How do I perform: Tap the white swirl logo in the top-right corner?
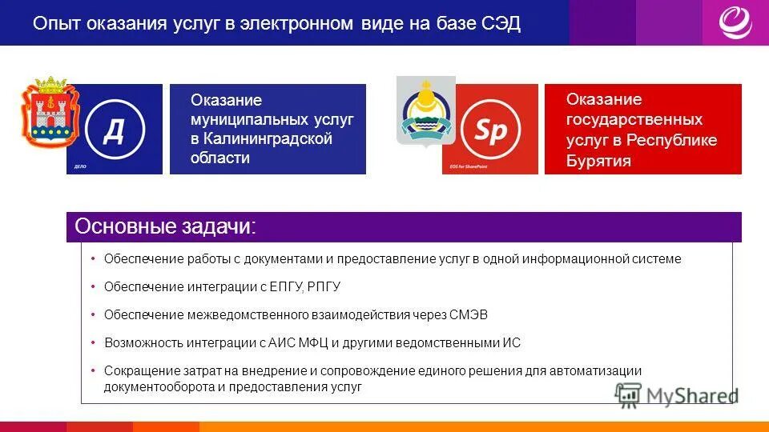[735, 22]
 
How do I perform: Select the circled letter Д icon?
[115, 128]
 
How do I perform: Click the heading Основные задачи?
[165, 227]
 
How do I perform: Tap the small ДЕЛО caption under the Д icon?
[80, 168]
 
